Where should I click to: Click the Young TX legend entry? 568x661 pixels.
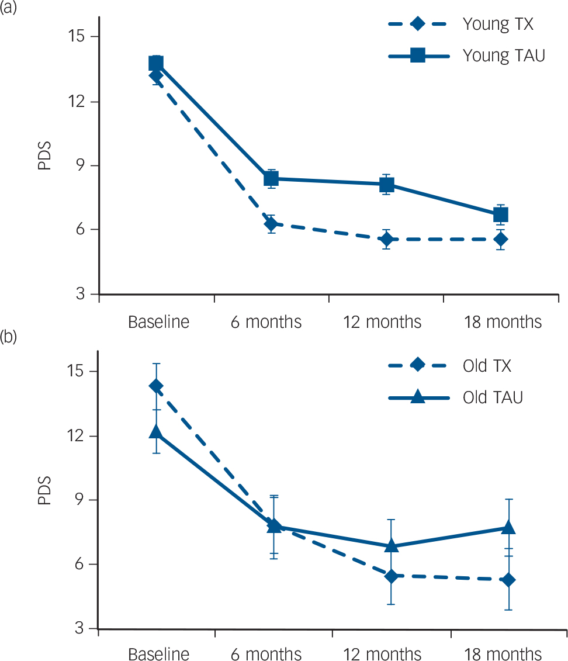(468, 25)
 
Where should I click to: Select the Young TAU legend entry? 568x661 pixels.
(468, 56)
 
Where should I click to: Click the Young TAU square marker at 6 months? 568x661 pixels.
(271, 179)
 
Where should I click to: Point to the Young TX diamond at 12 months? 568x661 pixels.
(387, 239)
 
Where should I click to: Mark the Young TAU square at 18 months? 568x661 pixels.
(500, 215)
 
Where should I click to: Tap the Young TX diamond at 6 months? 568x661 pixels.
(271, 223)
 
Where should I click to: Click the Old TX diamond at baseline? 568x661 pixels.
(156, 386)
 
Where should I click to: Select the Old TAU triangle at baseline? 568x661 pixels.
(156, 431)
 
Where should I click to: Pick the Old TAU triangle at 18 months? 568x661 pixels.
(508, 527)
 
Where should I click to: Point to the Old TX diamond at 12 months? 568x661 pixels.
(391, 576)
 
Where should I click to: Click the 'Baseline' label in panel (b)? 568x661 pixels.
(158, 652)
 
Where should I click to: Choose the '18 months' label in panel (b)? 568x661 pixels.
(503, 652)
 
